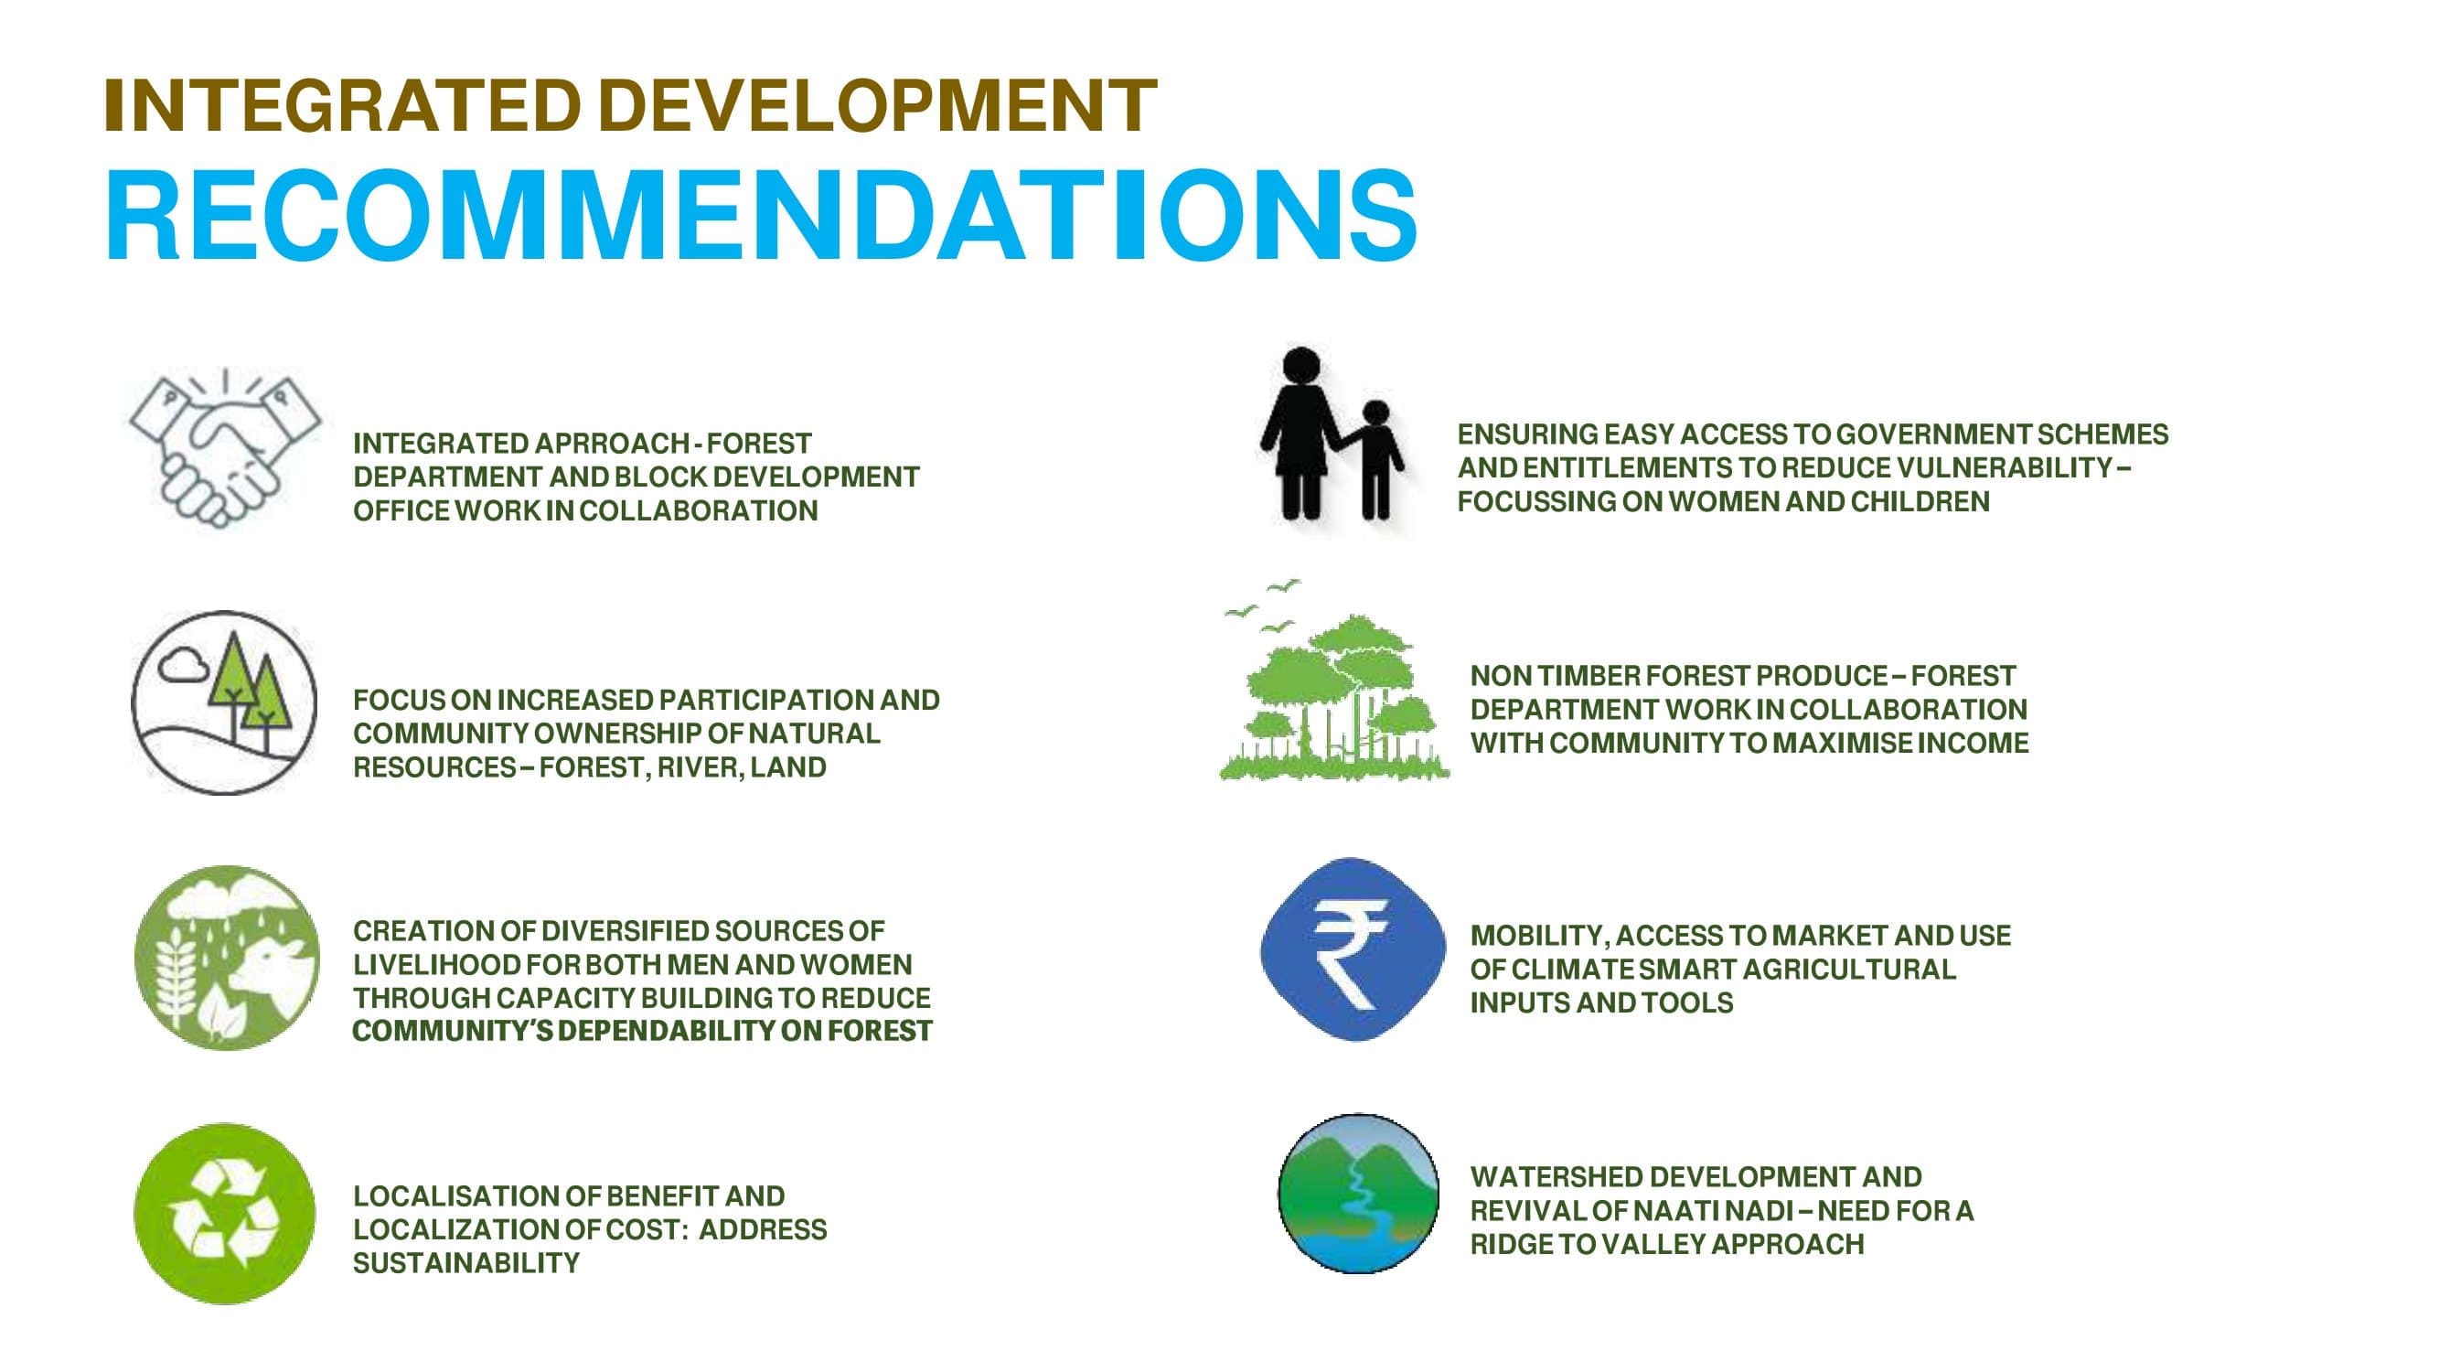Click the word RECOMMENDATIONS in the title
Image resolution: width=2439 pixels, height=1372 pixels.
click(x=761, y=216)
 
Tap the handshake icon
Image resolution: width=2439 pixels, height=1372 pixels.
click(x=225, y=449)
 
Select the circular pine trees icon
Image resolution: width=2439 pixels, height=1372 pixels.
click(x=225, y=702)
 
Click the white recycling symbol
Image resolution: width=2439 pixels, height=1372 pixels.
click(x=224, y=1214)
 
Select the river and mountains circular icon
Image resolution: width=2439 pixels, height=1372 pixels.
click(x=1358, y=1193)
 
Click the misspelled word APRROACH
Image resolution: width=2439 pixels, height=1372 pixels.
click(x=613, y=443)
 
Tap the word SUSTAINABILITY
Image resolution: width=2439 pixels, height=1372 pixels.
click(x=465, y=1263)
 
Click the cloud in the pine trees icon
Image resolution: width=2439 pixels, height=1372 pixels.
click(x=183, y=665)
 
